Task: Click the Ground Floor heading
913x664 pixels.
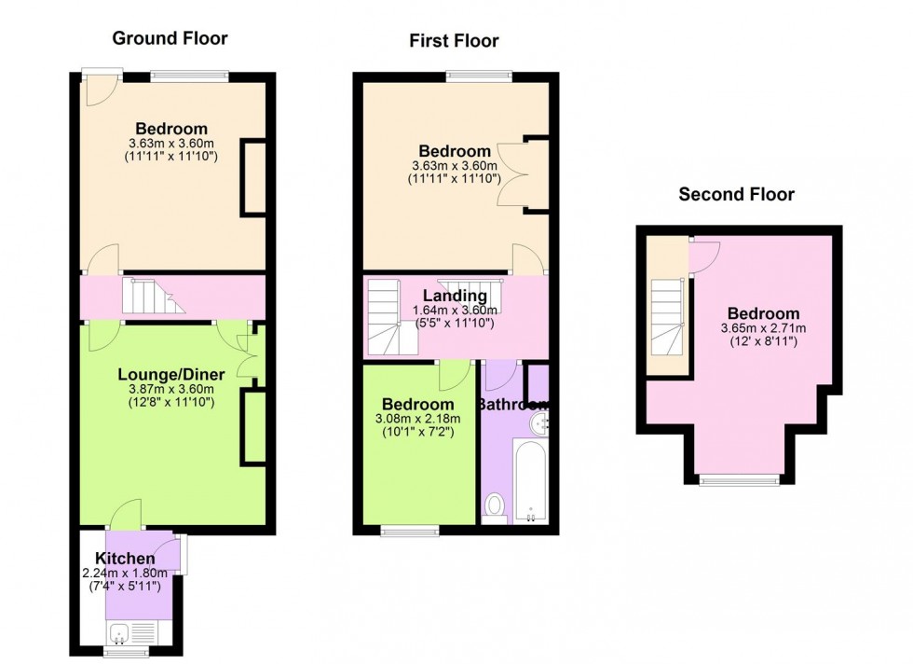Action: point(170,38)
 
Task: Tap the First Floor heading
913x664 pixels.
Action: point(454,40)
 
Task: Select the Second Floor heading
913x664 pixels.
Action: point(736,194)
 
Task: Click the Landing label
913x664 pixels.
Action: point(456,297)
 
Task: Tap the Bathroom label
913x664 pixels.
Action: point(512,405)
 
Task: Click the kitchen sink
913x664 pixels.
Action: point(121,635)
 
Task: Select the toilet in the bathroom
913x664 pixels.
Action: point(495,506)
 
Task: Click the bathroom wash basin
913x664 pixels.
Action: point(538,425)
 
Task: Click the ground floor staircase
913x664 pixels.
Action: point(149,297)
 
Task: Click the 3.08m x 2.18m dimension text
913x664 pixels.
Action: point(418,419)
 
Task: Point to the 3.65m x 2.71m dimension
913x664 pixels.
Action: point(763,328)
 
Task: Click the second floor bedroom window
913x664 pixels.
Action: point(739,480)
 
